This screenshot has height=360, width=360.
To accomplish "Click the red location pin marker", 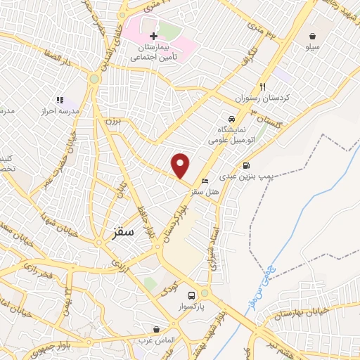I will tap(181, 165).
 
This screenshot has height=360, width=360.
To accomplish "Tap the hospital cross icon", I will tap(153, 36).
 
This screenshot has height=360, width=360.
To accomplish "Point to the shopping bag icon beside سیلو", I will tap(311, 34).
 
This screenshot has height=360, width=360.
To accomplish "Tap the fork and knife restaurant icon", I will tap(262, 85).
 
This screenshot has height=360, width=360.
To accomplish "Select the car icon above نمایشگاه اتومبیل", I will tap(231, 118).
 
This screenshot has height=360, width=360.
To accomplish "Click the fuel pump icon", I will tap(245, 166).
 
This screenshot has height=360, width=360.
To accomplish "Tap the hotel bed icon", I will tap(205, 181).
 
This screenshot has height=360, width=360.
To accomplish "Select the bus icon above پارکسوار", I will tap(191, 295).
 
